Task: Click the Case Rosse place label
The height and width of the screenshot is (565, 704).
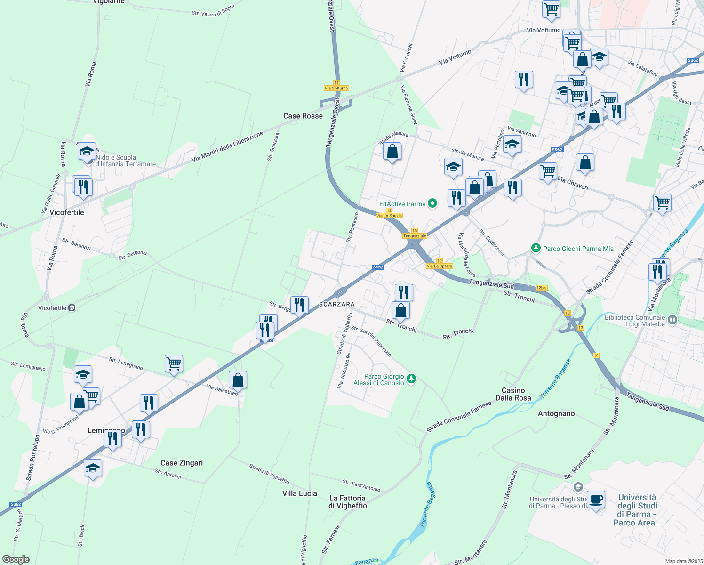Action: pos(303,116)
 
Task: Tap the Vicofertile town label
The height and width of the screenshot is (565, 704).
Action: pos(67,212)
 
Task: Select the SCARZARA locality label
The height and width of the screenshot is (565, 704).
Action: pos(337,304)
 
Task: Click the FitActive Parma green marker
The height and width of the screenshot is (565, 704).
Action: pos(432,203)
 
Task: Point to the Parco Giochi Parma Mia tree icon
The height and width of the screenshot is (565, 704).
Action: pos(536,248)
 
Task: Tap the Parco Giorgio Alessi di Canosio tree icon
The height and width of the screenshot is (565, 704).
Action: pos(411,379)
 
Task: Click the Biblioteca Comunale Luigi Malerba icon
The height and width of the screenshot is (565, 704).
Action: pos(672,320)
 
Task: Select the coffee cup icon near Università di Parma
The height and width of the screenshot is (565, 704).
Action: pos(596,500)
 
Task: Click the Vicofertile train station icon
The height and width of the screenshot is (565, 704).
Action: pos(72,308)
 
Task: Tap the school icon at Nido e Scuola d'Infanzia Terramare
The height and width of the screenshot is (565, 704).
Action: pos(87,152)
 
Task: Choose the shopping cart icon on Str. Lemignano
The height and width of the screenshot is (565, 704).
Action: pos(174,364)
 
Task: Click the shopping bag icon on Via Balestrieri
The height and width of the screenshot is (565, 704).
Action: pos(238,380)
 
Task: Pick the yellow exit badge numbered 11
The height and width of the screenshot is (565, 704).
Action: pos(336,83)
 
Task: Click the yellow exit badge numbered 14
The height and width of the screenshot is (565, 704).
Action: pos(596,355)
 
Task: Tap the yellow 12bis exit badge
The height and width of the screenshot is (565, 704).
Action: pos(542,288)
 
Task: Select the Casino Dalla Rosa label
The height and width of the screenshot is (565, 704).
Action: pos(513,394)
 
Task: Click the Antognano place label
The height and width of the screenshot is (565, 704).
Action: pos(556,413)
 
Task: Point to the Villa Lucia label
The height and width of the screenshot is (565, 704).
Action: pos(300,493)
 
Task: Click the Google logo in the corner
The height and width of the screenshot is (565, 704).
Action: pos(16,559)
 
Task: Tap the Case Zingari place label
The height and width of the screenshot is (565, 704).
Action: pos(182,463)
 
